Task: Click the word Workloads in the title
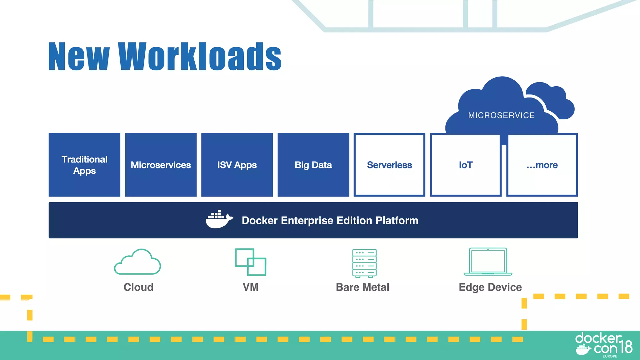click(200, 56)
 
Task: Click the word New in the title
click(79, 56)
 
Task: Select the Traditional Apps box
click(84, 165)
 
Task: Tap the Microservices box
click(161, 165)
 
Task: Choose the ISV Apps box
click(237, 165)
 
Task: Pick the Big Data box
click(313, 165)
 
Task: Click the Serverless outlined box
click(389, 165)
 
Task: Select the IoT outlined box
click(466, 165)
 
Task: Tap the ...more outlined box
click(542, 165)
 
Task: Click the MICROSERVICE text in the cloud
click(501, 115)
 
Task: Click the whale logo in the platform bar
click(219, 219)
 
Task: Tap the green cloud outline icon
click(137, 262)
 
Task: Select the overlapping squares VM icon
click(251, 262)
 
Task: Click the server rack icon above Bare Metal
click(364, 263)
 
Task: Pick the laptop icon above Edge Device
click(488, 262)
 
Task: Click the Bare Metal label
click(362, 287)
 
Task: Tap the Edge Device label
click(490, 287)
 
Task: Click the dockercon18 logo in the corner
click(604, 345)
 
